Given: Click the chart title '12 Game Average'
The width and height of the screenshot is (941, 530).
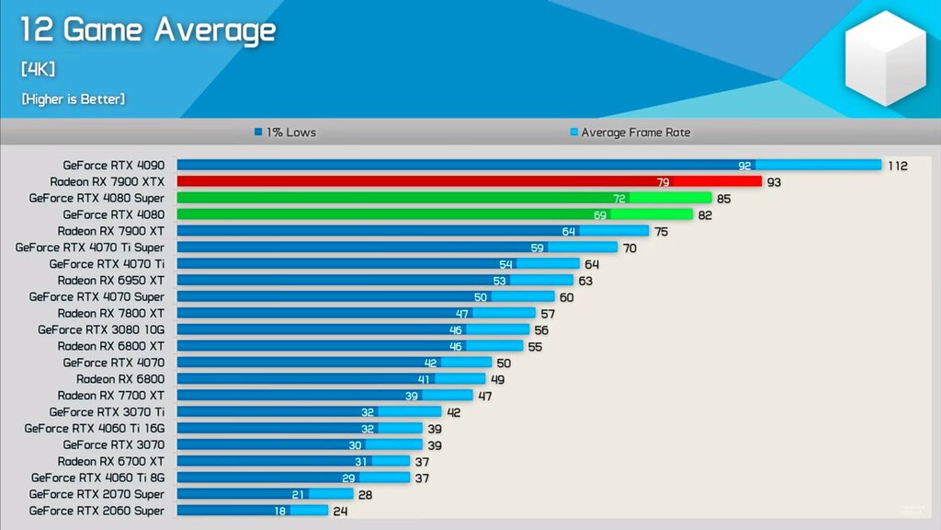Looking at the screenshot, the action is pos(148,30).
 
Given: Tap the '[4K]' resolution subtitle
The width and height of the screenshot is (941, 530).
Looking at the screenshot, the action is pos(38,69).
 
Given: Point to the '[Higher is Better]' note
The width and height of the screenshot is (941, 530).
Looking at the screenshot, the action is pos(74,99).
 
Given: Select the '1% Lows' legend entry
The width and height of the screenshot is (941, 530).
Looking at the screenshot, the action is pos(285,132).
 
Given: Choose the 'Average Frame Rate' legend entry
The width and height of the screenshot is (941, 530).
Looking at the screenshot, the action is pos(630,132).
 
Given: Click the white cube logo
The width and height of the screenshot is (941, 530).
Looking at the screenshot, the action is pos(885,58).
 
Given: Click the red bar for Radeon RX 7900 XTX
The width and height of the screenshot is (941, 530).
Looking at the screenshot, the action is pos(470,181).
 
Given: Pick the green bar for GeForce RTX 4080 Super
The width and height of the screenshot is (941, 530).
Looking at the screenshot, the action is pos(444,198).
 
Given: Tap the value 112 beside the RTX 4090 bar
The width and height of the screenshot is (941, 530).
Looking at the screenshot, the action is pos(898,166).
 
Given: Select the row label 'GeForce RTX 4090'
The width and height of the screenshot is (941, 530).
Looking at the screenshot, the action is pos(113,166).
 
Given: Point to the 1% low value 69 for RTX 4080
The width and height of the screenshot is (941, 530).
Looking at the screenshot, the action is pos(600,215).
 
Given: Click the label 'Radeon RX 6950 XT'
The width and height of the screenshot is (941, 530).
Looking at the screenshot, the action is pos(110,281).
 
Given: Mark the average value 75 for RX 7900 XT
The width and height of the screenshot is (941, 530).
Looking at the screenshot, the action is pos(662,232).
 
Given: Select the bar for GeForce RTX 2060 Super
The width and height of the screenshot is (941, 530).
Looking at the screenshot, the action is pos(253,510).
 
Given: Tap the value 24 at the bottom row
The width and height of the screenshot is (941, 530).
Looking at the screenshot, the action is pos(340,512).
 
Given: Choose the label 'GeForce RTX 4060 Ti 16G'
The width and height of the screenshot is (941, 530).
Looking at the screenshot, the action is pos(95,429).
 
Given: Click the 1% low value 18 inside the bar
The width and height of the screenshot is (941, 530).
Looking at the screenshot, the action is pos(280,511).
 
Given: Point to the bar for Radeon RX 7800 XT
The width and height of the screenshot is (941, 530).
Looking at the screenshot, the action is pos(356,313).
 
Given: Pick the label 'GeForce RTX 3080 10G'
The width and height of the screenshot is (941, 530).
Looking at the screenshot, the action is pos(101,330).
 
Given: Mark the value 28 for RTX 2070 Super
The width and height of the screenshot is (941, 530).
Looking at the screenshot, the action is pos(365,495).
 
